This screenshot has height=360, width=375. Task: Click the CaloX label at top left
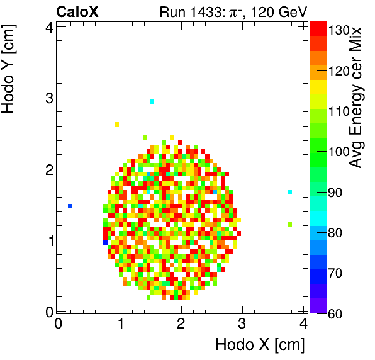coord(77,11)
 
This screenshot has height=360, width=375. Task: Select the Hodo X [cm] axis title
coord(260,345)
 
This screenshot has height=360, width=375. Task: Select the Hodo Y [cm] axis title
coord(9,66)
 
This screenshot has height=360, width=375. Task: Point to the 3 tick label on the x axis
coord(243,324)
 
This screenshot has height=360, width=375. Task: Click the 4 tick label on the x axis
coord(304,324)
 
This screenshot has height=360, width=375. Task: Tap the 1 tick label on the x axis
coord(120,324)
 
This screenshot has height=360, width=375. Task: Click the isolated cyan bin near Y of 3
coord(152,101)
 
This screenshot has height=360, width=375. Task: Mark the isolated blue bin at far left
coord(70,206)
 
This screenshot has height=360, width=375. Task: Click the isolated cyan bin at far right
coord(290,192)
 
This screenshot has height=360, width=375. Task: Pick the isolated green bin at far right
coord(290,224)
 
